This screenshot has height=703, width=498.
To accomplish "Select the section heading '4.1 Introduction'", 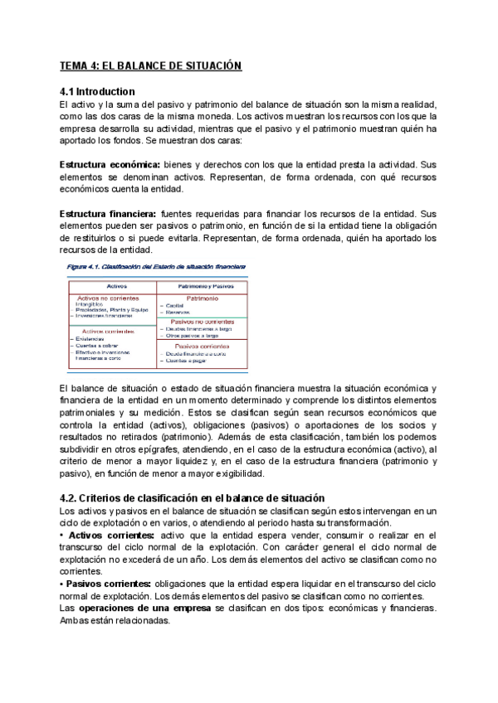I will (x=98, y=91).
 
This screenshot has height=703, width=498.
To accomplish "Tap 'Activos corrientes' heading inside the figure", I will (x=108, y=330).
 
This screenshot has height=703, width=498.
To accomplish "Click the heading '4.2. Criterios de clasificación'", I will (x=192, y=497).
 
